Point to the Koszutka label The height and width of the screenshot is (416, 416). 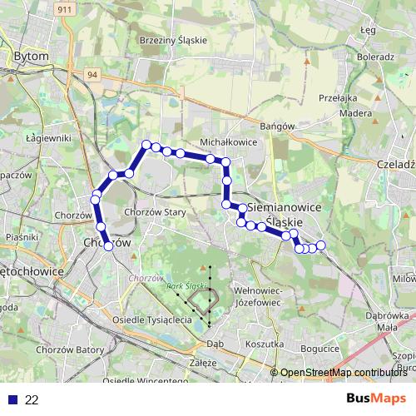pyautogui.click(x=265, y=343)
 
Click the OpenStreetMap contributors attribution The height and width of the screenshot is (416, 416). pyautogui.click(x=344, y=373)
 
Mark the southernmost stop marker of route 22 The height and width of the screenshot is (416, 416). pyautogui.click(x=107, y=245)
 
